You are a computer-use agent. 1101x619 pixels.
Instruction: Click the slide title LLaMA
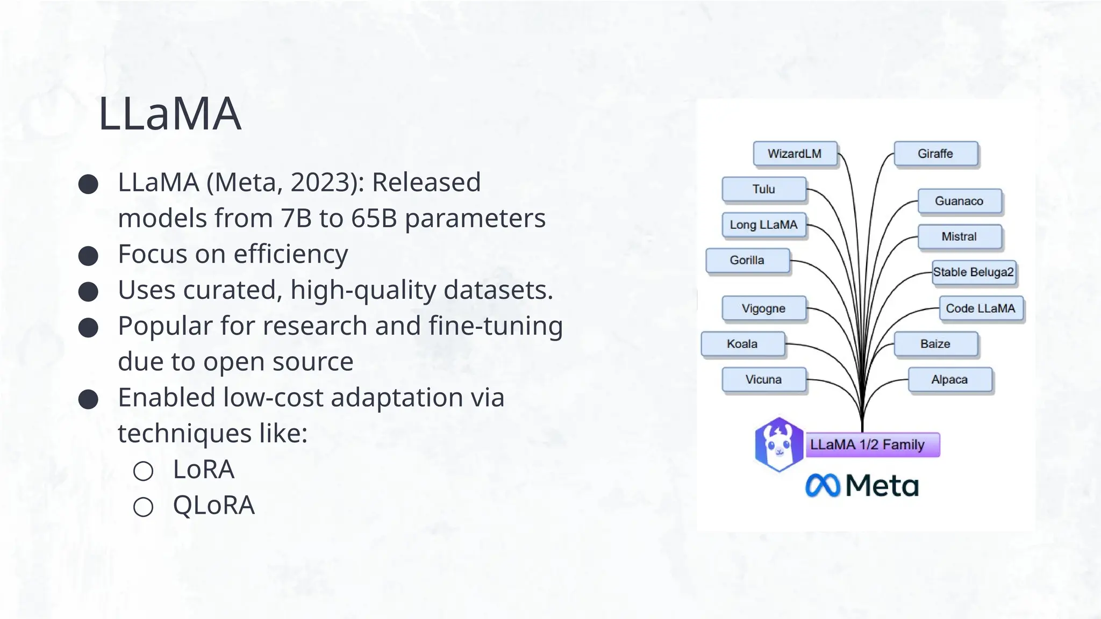[x=169, y=113]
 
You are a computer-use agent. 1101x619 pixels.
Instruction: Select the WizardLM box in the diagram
[x=795, y=154]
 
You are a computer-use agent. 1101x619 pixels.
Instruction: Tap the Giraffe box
[x=935, y=154]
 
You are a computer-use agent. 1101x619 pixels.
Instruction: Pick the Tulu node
[x=764, y=189]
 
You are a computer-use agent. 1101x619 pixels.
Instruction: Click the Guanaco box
[x=960, y=201]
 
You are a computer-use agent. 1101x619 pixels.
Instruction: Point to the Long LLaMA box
[x=764, y=225]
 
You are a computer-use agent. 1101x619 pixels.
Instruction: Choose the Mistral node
[x=960, y=236]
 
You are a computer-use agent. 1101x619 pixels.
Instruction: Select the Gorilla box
[x=747, y=260]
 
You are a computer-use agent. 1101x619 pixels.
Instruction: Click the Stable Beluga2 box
[x=974, y=272]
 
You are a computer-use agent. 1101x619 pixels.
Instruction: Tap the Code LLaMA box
[x=981, y=308]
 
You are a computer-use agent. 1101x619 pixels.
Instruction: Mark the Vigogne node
[x=764, y=308]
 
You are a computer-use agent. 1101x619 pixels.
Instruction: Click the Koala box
[x=742, y=344]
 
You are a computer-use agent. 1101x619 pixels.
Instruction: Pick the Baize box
[x=935, y=344]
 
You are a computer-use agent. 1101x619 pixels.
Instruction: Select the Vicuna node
[x=764, y=379]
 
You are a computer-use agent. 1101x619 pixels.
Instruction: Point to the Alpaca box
[x=950, y=379]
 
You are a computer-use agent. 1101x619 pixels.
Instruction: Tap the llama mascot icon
[x=779, y=444]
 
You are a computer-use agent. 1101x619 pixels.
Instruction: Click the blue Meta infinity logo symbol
[x=823, y=486]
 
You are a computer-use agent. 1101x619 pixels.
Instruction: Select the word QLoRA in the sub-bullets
[x=213, y=505]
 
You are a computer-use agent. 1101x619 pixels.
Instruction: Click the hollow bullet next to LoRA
[x=144, y=471]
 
